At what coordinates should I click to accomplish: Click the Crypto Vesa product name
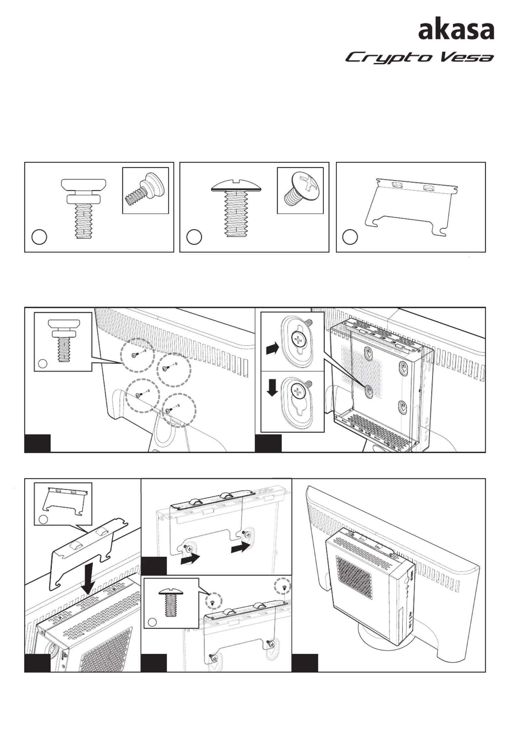419,58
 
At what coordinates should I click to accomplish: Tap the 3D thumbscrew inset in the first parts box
145,191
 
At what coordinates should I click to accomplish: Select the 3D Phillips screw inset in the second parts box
300,191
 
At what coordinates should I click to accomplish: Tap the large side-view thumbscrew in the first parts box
84,208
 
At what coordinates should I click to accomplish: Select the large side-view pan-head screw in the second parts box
236,208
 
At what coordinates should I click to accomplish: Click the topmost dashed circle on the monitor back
137,355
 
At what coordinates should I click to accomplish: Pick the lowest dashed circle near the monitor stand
179,410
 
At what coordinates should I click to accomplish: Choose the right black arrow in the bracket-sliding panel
239,548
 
